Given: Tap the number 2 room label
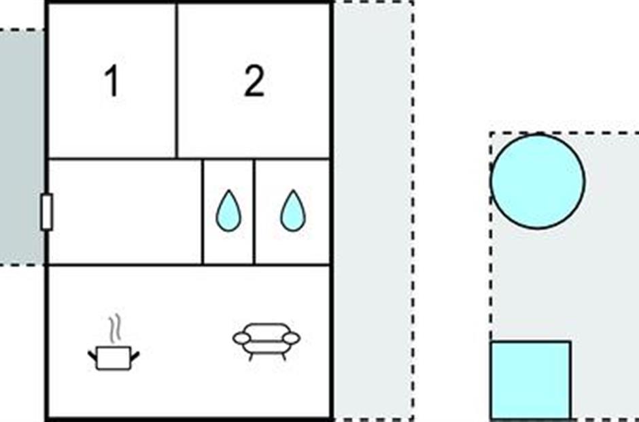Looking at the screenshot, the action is (x=254, y=82).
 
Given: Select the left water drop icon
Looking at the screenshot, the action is (x=228, y=210).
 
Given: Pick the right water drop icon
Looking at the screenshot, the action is (x=293, y=210).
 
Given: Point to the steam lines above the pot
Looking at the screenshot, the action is (x=116, y=327).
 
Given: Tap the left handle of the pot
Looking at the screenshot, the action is (x=92, y=356).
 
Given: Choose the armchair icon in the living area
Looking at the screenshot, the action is (x=266, y=342).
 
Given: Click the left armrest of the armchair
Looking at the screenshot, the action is (x=241, y=338).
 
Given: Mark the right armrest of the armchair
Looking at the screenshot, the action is (x=292, y=338).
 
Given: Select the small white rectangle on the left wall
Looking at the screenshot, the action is (x=46, y=212).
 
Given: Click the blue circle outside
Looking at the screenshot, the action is (x=538, y=181).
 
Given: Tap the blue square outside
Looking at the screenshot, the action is (x=531, y=380).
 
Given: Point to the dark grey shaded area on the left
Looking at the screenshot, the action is (x=22, y=147).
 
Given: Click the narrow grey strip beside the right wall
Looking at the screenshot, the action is (x=373, y=211).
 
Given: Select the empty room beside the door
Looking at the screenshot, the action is (x=125, y=212).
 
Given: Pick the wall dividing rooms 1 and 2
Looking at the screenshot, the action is (x=177, y=80).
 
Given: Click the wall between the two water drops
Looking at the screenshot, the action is (x=254, y=212).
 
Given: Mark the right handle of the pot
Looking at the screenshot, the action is (x=135, y=356).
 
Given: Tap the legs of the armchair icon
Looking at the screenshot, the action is (x=266, y=356).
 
